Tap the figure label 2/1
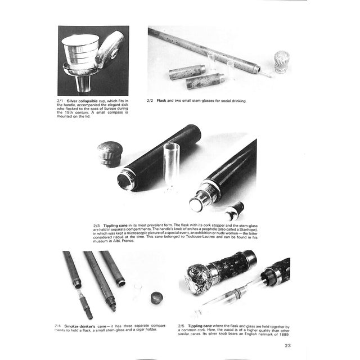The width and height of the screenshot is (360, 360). click(x=62, y=101)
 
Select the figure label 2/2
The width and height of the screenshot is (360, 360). click(x=150, y=101)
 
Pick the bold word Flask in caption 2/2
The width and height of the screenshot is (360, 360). click(x=163, y=101)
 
